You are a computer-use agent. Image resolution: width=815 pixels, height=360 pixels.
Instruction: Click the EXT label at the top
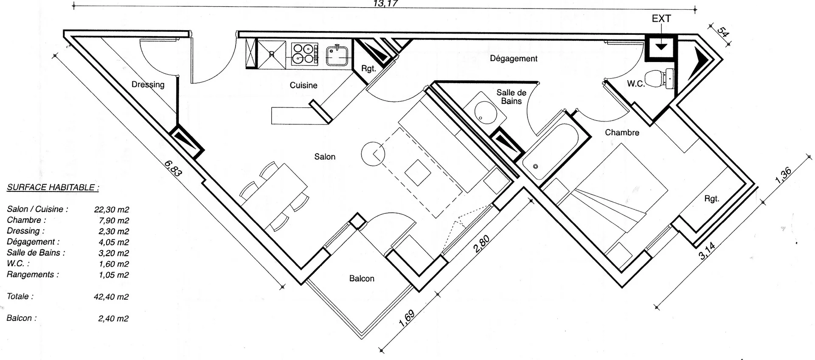(661, 19)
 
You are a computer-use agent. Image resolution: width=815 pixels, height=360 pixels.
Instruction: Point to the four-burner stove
(304, 54)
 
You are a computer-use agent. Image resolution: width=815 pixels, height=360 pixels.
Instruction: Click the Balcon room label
(362, 278)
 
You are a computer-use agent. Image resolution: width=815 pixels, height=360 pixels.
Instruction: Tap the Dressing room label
(148, 84)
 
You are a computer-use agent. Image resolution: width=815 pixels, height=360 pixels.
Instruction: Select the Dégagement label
(514, 59)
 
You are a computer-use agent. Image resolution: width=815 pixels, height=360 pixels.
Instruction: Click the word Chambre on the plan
(622, 132)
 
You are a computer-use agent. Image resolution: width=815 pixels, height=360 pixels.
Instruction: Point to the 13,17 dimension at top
(385, 4)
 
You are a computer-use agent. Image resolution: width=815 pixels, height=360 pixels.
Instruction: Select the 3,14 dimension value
(707, 250)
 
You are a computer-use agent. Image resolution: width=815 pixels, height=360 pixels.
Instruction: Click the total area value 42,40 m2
(111, 297)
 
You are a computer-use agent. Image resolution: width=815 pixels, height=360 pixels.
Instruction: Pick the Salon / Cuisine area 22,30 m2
(112, 209)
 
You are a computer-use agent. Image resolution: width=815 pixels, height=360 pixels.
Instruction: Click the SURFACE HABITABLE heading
(53, 187)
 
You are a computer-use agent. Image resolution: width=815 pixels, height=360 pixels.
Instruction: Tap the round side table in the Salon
(373, 154)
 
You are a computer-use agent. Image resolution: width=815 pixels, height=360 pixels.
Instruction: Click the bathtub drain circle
(536, 166)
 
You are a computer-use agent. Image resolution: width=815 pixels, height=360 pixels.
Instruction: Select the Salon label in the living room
(325, 157)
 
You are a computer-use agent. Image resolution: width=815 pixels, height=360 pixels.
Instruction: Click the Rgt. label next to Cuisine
(368, 68)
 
